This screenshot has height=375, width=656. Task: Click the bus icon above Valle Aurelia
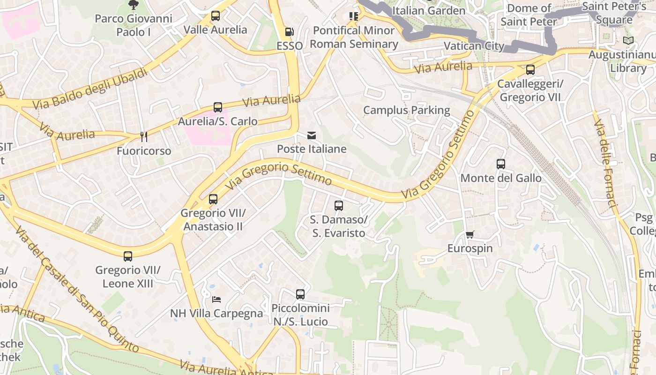(x=216, y=16)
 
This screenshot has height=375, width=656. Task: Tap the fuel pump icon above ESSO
(x=290, y=32)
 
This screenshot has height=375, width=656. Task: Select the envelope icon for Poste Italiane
(x=312, y=135)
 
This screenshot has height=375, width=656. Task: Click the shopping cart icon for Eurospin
(x=470, y=234)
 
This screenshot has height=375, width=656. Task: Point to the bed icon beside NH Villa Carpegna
(x=216, y=299)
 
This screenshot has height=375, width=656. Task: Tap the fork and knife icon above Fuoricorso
(x=144, y=137)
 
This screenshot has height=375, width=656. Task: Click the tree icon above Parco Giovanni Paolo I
(x=133, y=5)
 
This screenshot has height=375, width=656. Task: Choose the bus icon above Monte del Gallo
(x=501, y=164)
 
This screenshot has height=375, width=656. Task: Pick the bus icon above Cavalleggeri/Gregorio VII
(x=530, y=70)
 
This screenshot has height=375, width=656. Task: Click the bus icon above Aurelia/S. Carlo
(x=218, y=107)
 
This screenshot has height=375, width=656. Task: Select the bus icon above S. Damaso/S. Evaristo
(x=339, y=205)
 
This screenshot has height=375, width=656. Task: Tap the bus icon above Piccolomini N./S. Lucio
(x=300, y=294)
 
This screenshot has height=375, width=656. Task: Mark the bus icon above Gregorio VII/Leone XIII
(x=128, y=256)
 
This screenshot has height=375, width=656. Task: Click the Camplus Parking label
(x=406, y=110)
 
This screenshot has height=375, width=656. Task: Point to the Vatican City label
(x=474, y=46)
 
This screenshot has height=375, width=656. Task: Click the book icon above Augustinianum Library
(x=628, y=41)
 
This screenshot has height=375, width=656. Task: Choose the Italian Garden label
(x=429, y=10)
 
